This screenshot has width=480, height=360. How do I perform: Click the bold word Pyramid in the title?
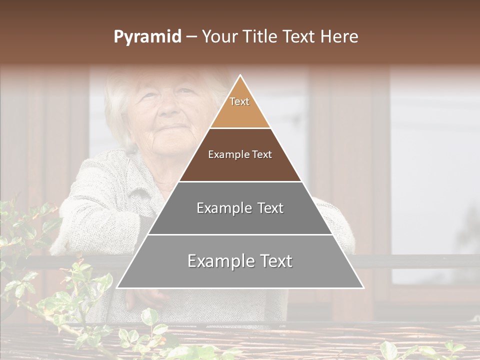[x=147, y=37]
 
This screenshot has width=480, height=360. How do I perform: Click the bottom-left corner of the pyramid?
[x=117, y=287]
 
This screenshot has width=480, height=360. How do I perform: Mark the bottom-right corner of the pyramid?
[x=363, y=287]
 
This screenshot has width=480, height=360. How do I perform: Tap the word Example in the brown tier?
[x=226, y=155]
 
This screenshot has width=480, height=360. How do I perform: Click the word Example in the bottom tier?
[x=216, y=261]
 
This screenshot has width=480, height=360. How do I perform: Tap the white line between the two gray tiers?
[x=240, y=234]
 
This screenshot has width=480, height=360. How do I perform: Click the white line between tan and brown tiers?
[x=240, y=128]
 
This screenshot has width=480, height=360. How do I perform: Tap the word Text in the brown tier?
[x=261, y=155]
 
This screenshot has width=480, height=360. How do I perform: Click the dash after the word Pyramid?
[x=190, y=37]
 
